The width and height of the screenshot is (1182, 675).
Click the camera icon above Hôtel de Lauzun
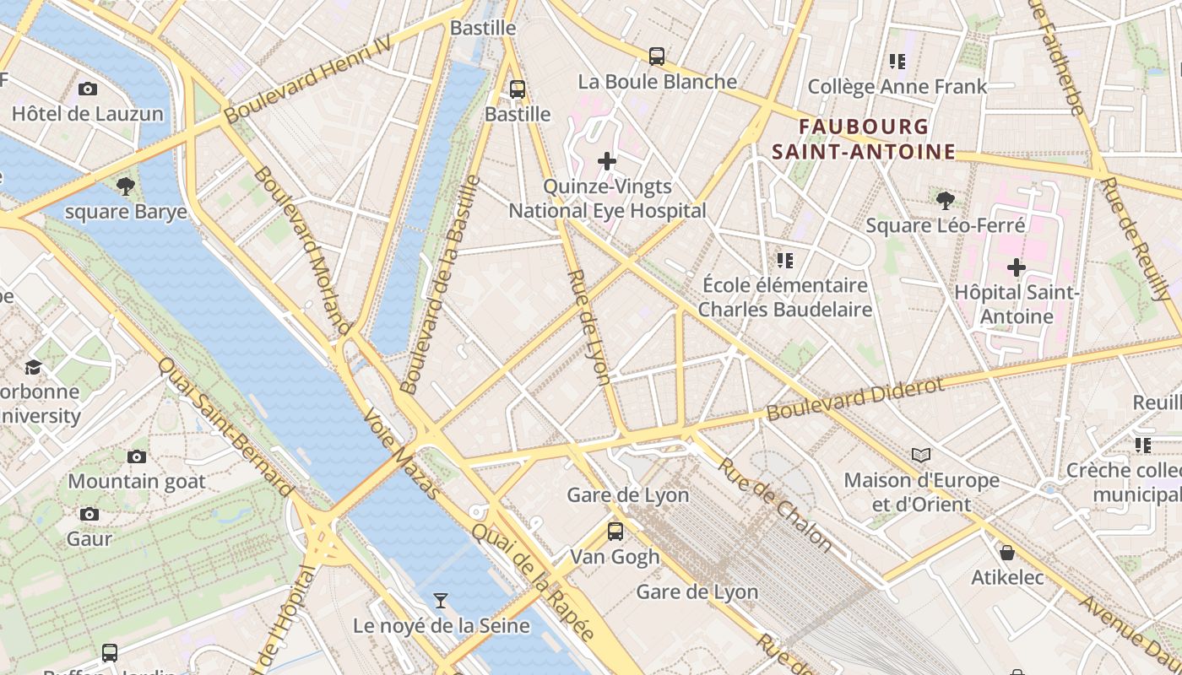click(x=87, y=89)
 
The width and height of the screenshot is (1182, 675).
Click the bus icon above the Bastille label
click(x=518, y=89)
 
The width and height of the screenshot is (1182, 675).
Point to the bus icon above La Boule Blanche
click(x=657, y=57)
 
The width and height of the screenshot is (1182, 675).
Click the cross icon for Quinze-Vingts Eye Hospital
click(x=607, y=161)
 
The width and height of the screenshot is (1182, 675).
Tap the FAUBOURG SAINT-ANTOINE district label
click(x=863, y=139)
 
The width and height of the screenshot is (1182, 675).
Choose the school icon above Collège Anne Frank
click(x=897, y=62)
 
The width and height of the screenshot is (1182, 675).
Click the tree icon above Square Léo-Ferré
click(x=946, y=201)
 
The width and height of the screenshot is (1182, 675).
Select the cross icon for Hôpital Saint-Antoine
click(x=1017, y=267)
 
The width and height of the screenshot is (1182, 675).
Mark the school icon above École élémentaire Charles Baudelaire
click(x=785, y=260)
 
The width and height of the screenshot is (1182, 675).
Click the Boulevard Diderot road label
click(x=854, y=399)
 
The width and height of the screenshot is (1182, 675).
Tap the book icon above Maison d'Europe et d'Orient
click(x=921, y=456)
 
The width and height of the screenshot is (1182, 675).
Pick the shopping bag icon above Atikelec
click(x=1006, y=553)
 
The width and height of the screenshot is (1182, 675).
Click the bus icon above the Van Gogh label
click(x=615, y=532)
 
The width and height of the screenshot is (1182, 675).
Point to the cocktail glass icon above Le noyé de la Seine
click(x=441, y=601)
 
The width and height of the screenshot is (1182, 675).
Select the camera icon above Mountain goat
click(x=137, y=456)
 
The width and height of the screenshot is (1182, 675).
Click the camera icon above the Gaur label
click(x=89, y=514)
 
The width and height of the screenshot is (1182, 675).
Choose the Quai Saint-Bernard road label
click(x=225, y=428)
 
